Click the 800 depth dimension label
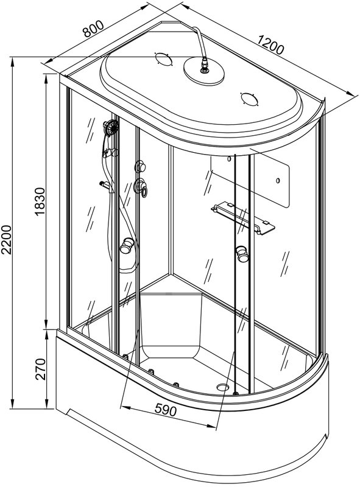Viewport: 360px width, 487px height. click(x=93, y=29)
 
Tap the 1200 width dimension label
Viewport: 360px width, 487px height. click(x=270, y=45)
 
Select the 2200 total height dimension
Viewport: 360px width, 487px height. click(x=6, y=239)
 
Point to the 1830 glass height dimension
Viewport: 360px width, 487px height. click(x=40, y=201)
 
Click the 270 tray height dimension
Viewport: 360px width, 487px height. click(x=40, y=369)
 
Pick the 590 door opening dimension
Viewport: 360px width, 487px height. click(x=165, y=410)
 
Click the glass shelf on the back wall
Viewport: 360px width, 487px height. click(x=243, y=217)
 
